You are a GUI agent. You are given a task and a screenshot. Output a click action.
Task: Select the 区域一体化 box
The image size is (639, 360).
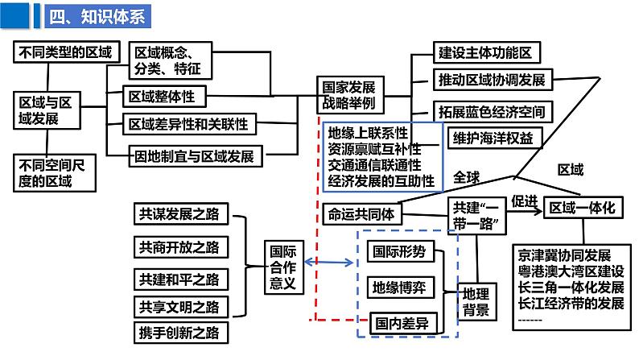(581, 208)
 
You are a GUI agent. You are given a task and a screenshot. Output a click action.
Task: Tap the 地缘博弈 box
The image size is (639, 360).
(400, 287)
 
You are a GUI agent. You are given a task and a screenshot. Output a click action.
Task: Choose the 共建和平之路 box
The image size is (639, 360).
(179, 279)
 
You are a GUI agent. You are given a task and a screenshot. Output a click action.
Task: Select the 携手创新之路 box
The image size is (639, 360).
(179, 332)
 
